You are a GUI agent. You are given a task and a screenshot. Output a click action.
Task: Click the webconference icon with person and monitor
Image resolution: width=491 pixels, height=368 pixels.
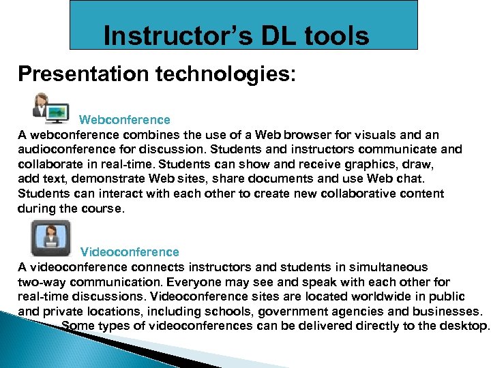(51, 108)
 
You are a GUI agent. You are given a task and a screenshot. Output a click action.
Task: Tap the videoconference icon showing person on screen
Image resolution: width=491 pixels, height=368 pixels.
(50, 238)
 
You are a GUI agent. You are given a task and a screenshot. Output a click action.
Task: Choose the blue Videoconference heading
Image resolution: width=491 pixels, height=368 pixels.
(130, 252)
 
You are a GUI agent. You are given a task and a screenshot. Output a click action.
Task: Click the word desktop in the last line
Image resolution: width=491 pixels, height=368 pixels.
(466, 326)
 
